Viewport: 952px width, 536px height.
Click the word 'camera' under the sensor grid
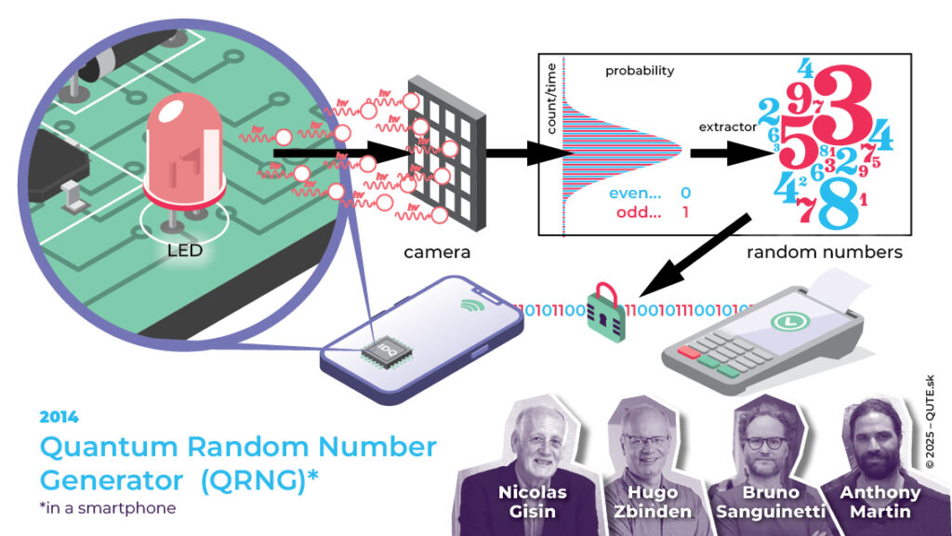pyautogui.click(x=437, y=251)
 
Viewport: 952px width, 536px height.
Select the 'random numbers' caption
pyautogui.click(x=825, y=251)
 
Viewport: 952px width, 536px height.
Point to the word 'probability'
pyautogui.click(x=640, y=71)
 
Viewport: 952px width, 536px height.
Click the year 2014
pyautogui.click(x=59, y=417)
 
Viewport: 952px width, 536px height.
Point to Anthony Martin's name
pyautogui.click(x=879, y=502)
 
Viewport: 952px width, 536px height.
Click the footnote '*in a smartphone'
pyautogui.click(x=107, y=508)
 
